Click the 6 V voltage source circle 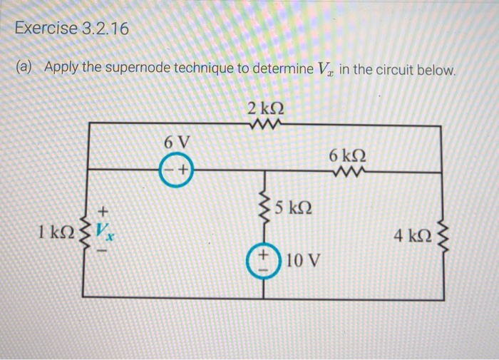pos(175,170)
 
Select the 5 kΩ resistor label pos(294,210)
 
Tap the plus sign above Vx pos(103,210)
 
